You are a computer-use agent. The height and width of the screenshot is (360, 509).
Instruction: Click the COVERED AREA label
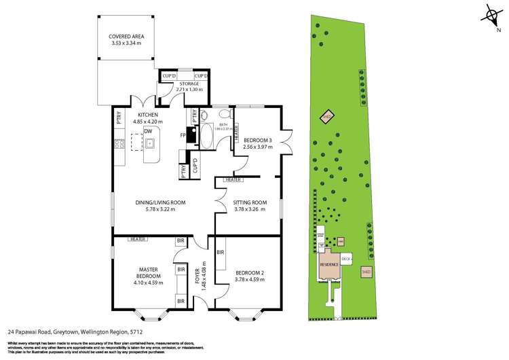pos(131,36)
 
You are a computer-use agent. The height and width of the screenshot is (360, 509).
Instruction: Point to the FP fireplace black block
pos(192,135)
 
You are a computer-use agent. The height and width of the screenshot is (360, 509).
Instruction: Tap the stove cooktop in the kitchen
pos(118,143)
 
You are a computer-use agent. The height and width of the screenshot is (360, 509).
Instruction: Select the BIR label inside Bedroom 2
pos(221,252)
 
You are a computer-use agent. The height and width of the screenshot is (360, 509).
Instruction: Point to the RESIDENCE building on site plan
pos(329,264)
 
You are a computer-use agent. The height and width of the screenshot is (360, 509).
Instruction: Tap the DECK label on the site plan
pos(346,258)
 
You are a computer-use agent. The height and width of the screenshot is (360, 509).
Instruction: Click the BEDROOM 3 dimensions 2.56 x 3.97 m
pos(258,147)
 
